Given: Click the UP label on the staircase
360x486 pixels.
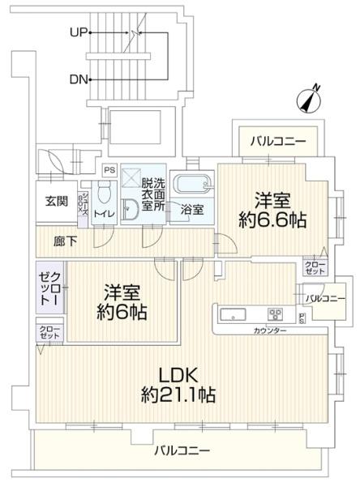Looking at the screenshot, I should pos(79,33).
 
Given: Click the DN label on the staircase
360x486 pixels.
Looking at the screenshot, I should pos(79,79).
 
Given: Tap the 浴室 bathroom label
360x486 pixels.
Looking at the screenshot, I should pos(193,208).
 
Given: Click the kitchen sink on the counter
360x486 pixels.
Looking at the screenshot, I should pos(227,314).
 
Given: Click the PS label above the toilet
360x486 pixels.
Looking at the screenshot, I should pos(109,171).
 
